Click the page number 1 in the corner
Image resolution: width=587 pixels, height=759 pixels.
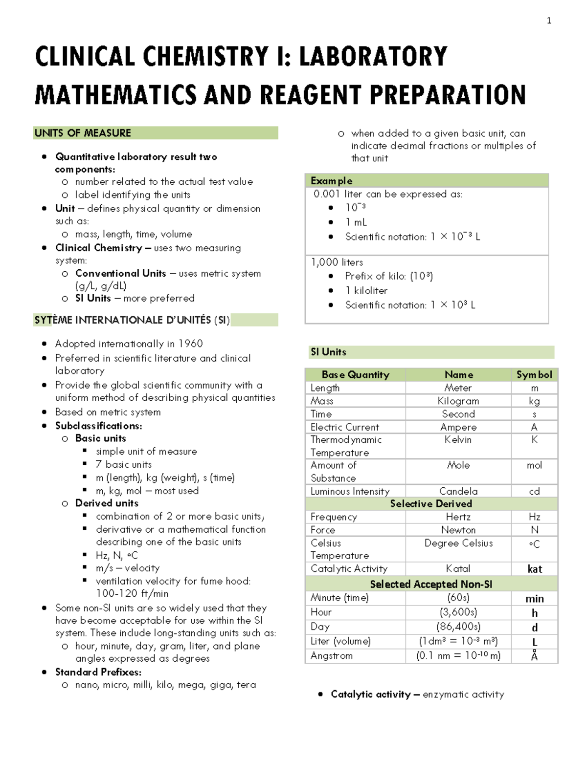click(x=549, y=21)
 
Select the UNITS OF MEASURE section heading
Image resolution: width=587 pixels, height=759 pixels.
click(x=83, y=133)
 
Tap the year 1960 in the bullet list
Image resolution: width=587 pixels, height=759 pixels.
click(x=190, y=344)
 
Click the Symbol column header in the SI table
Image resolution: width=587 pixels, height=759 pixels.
click(x=534, y=375)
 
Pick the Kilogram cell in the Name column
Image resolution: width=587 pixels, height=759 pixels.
click(x=458, y=401)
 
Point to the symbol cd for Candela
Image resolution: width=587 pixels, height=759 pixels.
click(x=534, y=491)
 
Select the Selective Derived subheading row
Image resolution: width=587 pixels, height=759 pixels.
click(x=431, y=504)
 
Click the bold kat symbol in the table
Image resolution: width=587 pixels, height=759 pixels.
click(x=535, y=569)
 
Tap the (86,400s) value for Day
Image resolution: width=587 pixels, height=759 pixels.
click(x=458, y=627)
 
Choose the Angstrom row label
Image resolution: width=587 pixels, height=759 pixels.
click(x=332, y=656)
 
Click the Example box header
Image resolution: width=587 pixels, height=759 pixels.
click(x=332, y=181)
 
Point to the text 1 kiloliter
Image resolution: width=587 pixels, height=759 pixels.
click(x=366, y=291)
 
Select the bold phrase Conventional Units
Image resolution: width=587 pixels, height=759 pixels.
click(x=120, y=274)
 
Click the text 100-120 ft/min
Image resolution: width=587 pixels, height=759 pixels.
click(x=132, y=594)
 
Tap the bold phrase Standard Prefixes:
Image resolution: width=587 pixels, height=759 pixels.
click(x=98, y=672)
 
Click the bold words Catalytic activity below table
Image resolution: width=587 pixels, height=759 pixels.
click(x=370, y=694)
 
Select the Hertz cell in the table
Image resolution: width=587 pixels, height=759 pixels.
click(x=458, y=517)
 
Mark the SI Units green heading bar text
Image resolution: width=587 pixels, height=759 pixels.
click(x=328, y=352)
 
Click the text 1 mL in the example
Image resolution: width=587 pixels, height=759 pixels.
click(x=356, y=222)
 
